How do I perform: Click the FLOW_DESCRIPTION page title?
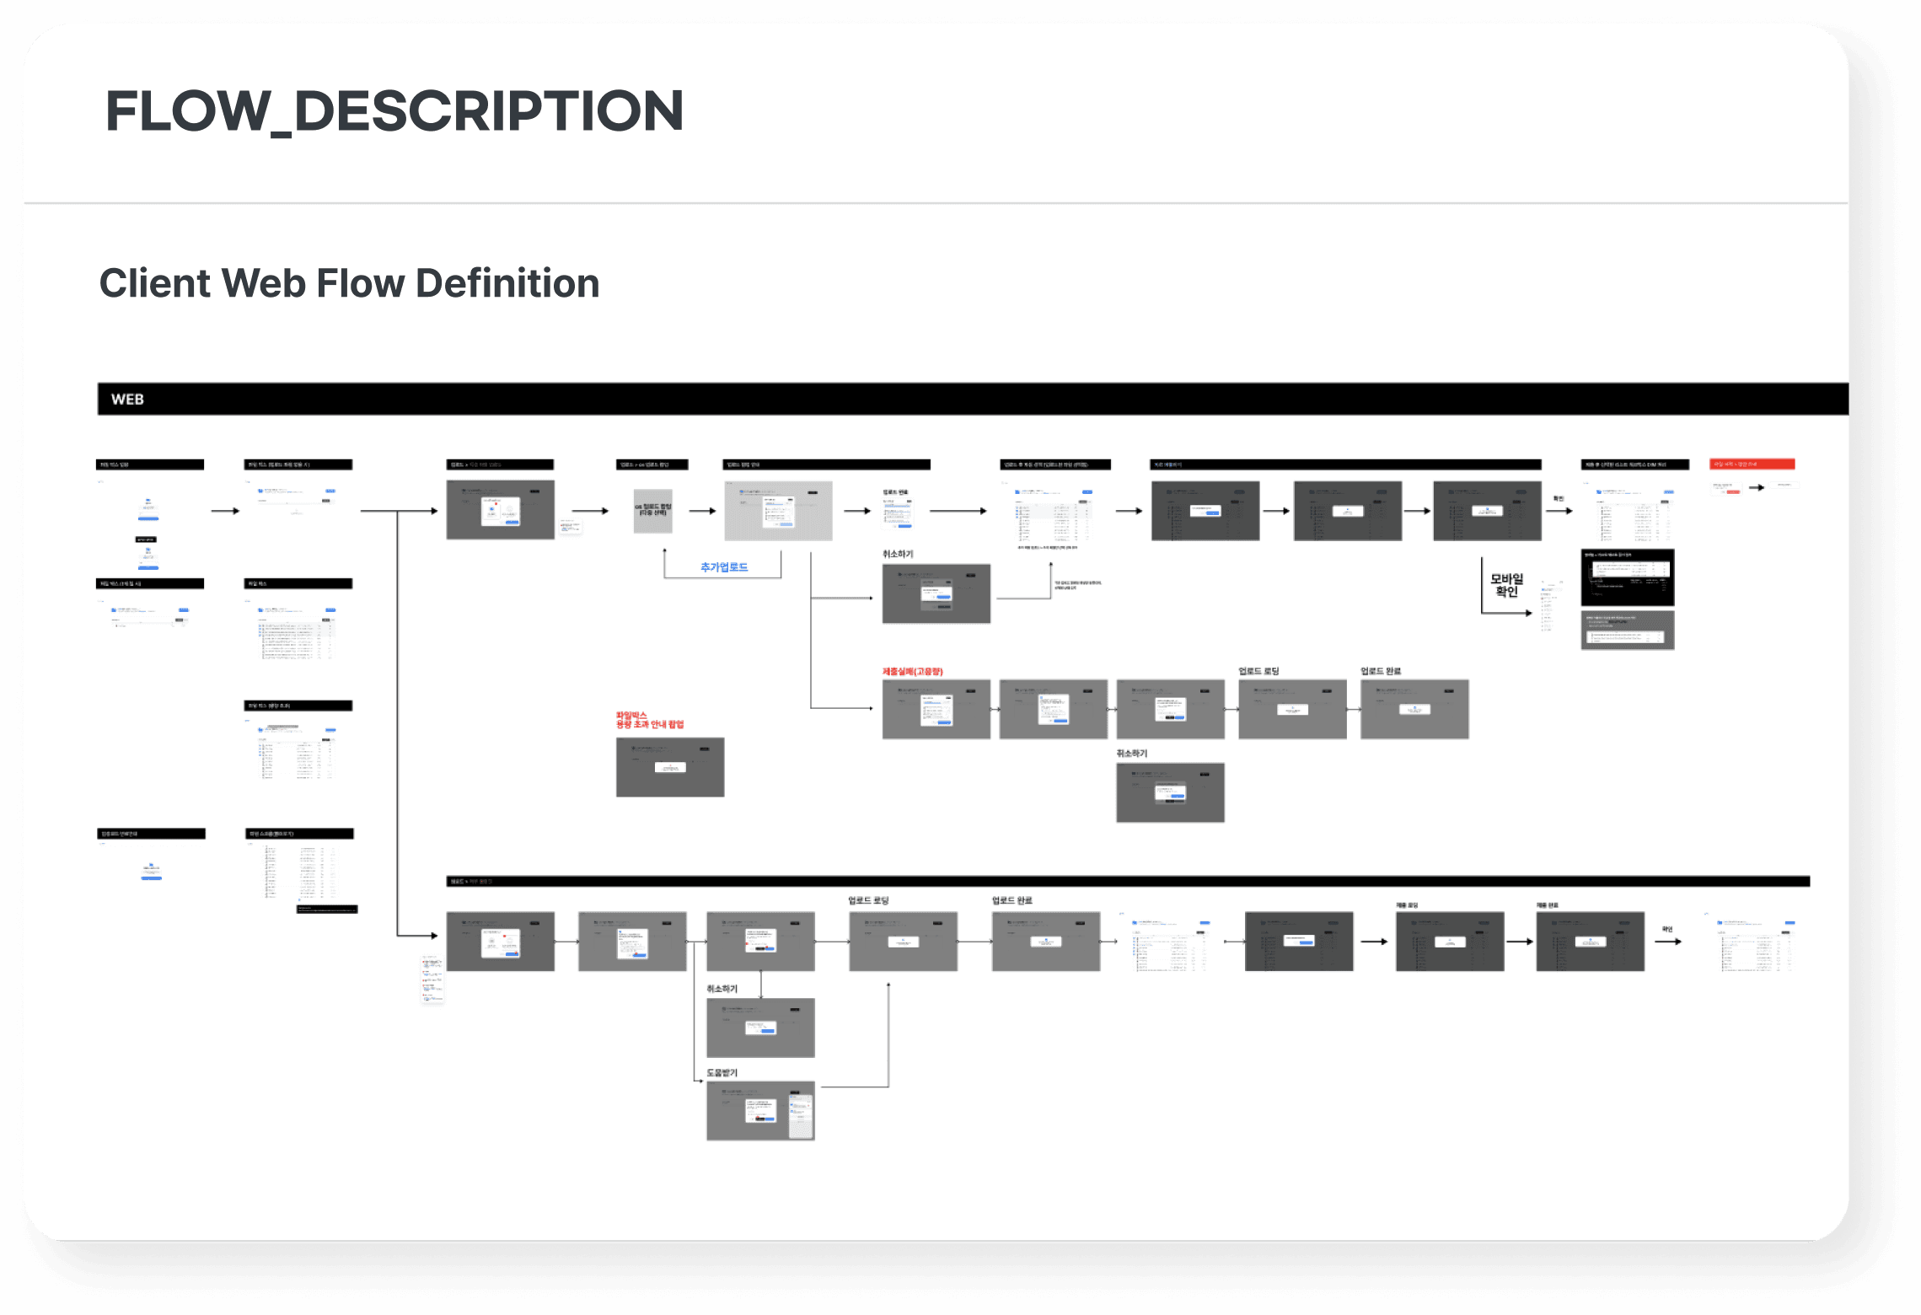click(x=394, y=111)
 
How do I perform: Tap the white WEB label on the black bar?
click(x=127, y=400)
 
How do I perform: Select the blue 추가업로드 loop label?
click(x=723, y=567)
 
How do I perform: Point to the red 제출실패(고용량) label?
click(x=912, y=672)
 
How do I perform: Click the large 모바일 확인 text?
click(x=1506, y=585)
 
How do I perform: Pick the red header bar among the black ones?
click(x=1752, y=464)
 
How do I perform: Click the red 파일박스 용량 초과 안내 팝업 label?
click(x=649, y=720)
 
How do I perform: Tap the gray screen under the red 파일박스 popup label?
click(x=669, y=767)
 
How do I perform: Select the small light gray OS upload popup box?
click(x=652, y=511)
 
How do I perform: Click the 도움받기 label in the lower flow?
click(x=722, y=1073)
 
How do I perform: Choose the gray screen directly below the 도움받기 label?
click(x=759, y=1111)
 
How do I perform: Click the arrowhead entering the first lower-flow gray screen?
click(x=434, y=936)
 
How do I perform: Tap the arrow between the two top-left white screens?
click(x=225, y=511)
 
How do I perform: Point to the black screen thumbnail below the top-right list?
click(x=1627, y=577)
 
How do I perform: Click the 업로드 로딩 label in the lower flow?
click(x=868, y=901)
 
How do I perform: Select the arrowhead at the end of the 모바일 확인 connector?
click(x=1528, y=613)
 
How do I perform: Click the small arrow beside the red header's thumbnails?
click(x=1757, y=487)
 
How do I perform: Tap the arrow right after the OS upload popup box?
click(x=702, y=511)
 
